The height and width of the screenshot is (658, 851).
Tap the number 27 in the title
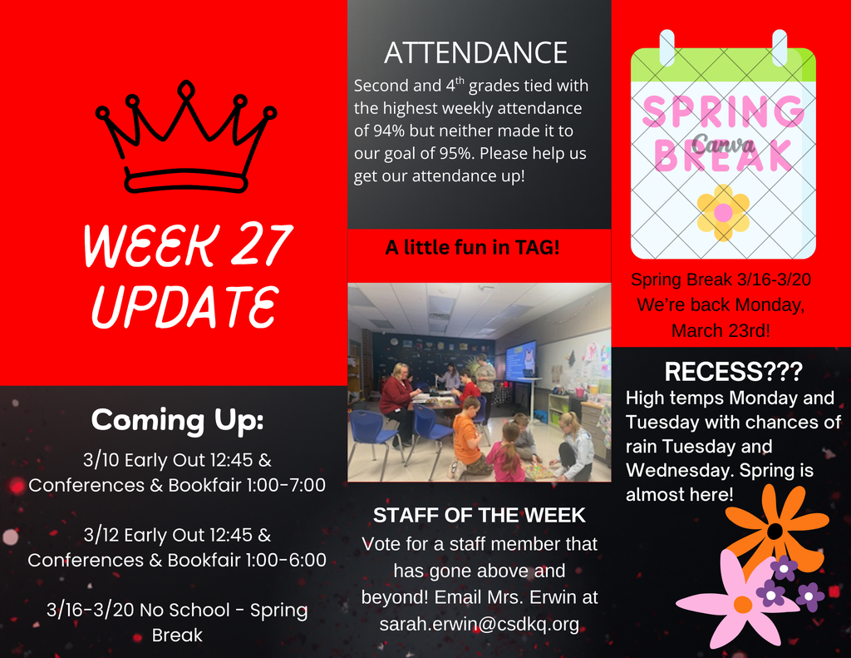click(x=251, y=246)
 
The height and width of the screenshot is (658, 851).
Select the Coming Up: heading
click(x=177, y=419)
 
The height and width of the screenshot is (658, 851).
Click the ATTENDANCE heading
click(x=475, y=52)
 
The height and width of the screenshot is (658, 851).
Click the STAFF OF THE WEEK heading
click(x=479, y=516)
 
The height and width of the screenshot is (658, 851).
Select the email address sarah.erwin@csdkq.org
click(x=479, y=624)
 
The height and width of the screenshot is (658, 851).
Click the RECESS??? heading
click(x=734, y=371)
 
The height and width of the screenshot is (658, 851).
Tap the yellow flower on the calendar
click(x=723, y=211)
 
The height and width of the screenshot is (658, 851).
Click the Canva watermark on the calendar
click(x=723, y=143)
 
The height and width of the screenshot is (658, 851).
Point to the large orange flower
click(x=776, y=530)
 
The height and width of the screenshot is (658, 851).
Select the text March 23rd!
click(x=721, y=330)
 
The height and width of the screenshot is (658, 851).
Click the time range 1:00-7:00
click(x=283, y=485)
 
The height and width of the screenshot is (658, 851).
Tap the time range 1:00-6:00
click(x=283, y=560)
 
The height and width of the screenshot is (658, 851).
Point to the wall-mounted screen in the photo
click(x=521, y=359)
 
